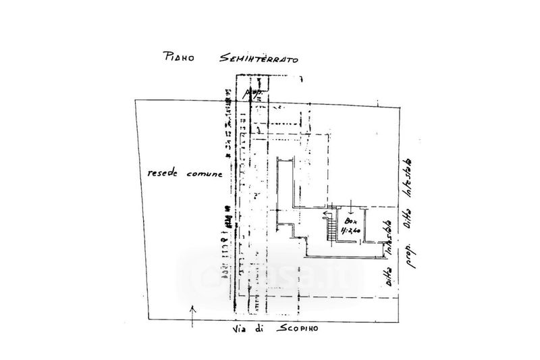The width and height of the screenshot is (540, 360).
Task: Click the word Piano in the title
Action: point(179,57)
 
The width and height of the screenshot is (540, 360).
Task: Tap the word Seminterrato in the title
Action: point(259,58)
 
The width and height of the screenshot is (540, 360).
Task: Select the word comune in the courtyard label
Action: point(204,174)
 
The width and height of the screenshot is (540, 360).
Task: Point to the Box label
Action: point(350,221)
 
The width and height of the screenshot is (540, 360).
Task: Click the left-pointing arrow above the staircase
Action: point(326,215)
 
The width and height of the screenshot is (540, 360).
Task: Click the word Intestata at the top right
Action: point(410,181)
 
